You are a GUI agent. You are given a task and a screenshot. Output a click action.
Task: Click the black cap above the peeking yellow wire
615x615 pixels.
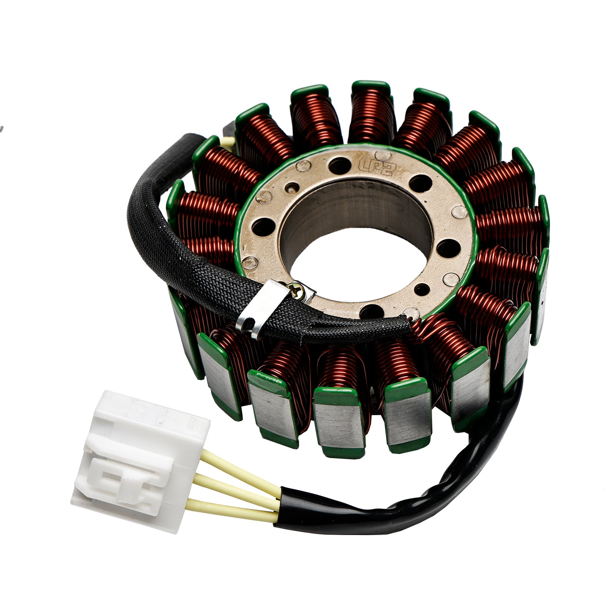(229, 127)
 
